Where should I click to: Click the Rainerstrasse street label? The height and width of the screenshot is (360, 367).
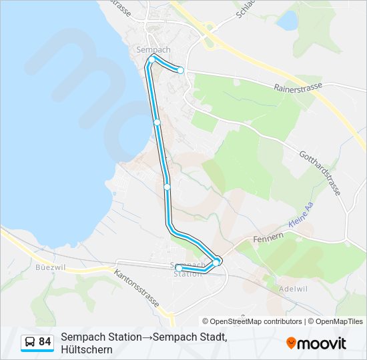coord(298,87)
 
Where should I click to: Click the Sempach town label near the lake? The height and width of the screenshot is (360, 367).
coord(153,50)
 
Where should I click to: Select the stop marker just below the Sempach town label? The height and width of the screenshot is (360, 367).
coord(152,60)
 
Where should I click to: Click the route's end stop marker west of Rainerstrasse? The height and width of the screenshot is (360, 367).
coord(180,70)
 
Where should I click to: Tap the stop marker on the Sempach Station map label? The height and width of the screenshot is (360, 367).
coord(178,268)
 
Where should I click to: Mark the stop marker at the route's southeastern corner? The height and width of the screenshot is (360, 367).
coord(218,261)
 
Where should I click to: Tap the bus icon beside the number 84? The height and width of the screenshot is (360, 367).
coord(30,342)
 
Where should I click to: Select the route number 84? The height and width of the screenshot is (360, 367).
coord(45,342)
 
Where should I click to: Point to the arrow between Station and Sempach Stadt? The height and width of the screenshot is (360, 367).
coord(147,337)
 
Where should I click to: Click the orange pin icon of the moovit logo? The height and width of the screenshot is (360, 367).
coord(292,343)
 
